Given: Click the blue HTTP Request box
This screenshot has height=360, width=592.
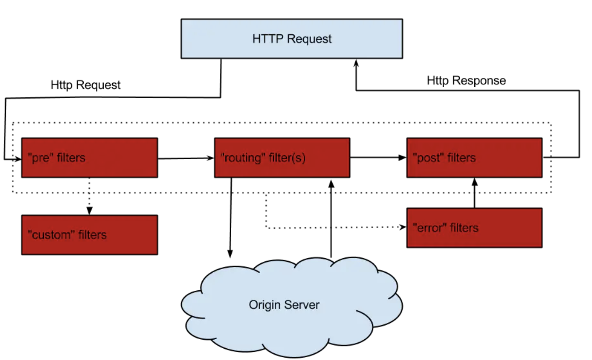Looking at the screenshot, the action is pyautogui.click(x=292, y=38).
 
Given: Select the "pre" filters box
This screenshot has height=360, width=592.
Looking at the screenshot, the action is pyautogui.click(x=90, y=158).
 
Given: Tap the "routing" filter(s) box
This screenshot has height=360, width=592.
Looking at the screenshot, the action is pyautogui.click(x=282, y=158).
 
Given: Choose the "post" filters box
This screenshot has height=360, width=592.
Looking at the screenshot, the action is pyautogui.click(x=474, y=158).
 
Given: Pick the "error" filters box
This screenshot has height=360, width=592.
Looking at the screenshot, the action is pyautogui.click(x=474, y=228).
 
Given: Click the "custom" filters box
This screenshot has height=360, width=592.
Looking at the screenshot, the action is pyautogui.click(x=90, y=235).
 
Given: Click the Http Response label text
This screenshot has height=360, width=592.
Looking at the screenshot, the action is pyautogui.click(x=466, y=81).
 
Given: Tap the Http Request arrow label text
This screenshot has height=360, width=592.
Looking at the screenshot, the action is pyautogui.click(x=86, y=85).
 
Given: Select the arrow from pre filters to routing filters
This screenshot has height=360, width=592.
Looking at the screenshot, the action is pyautogui.click(x=186, y=158).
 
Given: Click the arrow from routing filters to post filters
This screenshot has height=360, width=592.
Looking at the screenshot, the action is pyautogui.click(x=378, y=158).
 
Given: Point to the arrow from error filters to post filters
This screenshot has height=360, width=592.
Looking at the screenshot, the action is pyautogui.click(x=475, y=193).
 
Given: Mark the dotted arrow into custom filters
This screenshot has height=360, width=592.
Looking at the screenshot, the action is pyautogui.click(x=89, y=196).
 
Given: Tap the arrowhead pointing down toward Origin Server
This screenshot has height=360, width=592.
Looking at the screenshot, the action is pyautogui.click(x=230, y=254).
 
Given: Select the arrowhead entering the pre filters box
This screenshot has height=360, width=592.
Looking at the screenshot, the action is pyautogui.click(x=18, y=159).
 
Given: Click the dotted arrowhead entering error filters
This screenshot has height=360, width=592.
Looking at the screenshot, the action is pyautogui.click(x=402, y=227).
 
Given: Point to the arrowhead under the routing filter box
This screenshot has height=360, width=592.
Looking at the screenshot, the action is pyautogui.click(x=331, y=184).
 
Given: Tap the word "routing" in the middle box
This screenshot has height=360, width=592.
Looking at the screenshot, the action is pyautogui.click(x=243, y=158).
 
